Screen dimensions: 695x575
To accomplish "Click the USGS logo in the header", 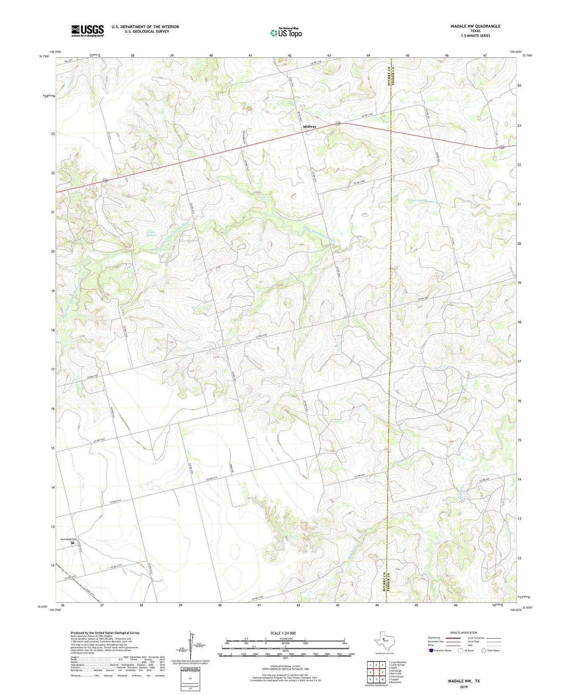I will coord(88,31).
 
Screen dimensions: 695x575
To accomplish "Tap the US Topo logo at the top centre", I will coord(286,33).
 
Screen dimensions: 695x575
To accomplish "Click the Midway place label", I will coord(310,127).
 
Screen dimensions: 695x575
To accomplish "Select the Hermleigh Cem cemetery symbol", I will coord(73,543).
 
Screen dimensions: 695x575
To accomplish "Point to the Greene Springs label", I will coord(150,234).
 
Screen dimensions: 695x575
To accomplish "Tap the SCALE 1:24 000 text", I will coord(283,633).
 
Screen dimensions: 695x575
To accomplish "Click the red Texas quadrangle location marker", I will coord(384,640).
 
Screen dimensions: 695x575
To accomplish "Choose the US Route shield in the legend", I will coord(461,650).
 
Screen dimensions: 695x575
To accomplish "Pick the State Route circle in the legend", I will coord(484,650).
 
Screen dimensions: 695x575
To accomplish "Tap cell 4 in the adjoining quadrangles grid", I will coord(370,672).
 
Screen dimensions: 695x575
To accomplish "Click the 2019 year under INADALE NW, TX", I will coord(464,687).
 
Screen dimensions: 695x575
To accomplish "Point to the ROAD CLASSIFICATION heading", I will coord(464,633).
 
